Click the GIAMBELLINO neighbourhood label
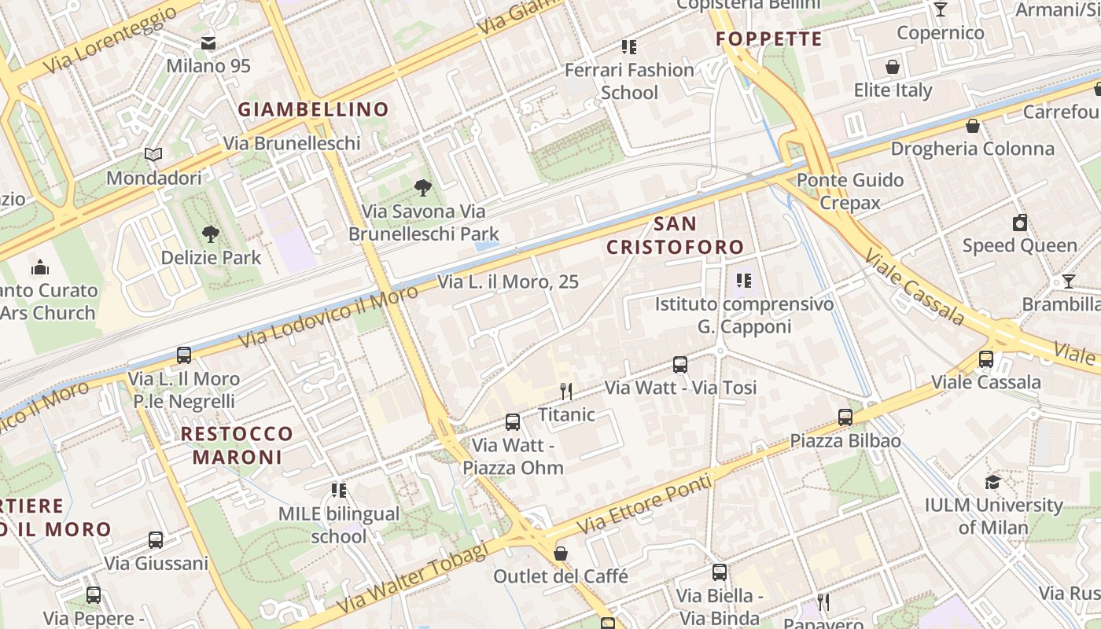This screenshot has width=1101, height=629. pyautogui.click(x=314, y=109)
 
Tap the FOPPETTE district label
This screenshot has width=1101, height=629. pyautogui.click(x=769, y=39)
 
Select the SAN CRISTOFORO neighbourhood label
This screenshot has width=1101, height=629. pyautogui.click(x=675, y=236)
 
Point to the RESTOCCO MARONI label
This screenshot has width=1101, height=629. pyautogui.click(x=237, y=445)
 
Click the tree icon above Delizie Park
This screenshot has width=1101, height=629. pyautogui.click(x=210, y=234)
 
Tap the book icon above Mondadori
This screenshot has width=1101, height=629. pyautogui.click(x=153, y=155)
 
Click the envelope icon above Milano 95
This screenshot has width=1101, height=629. pyautogui.click(x=208, y=43)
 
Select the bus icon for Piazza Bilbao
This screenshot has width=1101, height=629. pyautogui.click(x=845, y=417)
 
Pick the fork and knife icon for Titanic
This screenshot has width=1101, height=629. pyautogui.click(x=565, y=391)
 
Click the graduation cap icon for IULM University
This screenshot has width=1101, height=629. pyautogui.click(x=993, y=482)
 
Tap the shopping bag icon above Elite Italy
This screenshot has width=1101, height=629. pyautogui.click(x=893, y=67)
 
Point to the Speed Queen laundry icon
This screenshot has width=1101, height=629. pyautogui.click(x=1020, y=223)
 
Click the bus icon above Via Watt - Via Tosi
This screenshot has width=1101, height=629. pyautogui.click(x=680, y=365)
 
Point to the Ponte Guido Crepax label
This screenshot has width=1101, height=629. pyautogui.click(x=839, y=191)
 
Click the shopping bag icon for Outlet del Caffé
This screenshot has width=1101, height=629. pyautogui.click(x=561, y=554)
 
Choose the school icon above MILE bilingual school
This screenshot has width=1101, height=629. pyautogui.click(x=339, y=491)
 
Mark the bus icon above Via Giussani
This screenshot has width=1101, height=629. pyautogui.click(x=156, y=540)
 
